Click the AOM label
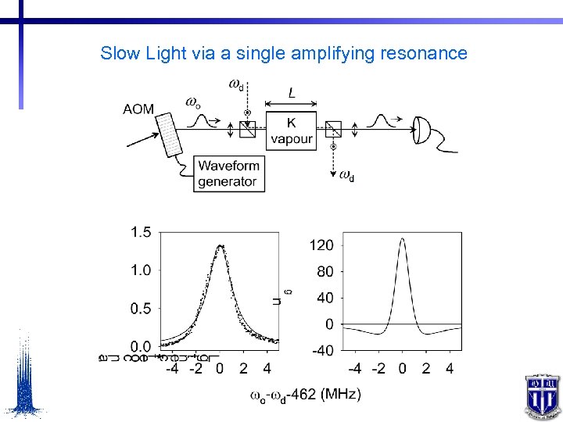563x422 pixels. click(x=138, y=109)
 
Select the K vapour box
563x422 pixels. click(x=292, y=131)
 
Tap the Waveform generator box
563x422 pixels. click(x=228, y=173)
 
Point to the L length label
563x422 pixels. click(x=292, y=93)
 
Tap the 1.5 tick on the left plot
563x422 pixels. click(x=142, y=231)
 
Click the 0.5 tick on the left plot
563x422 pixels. click(x=142, y=308)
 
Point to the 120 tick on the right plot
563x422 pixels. click(x=321, y=245)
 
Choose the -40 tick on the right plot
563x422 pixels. click(x=322, y=350)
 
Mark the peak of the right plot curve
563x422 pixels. click(x=402, y=239)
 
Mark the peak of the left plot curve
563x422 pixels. click(x=221, y=246)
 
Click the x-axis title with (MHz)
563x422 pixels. click(x=305, y=395)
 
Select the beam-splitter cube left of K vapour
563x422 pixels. click(x=247, y=129)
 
